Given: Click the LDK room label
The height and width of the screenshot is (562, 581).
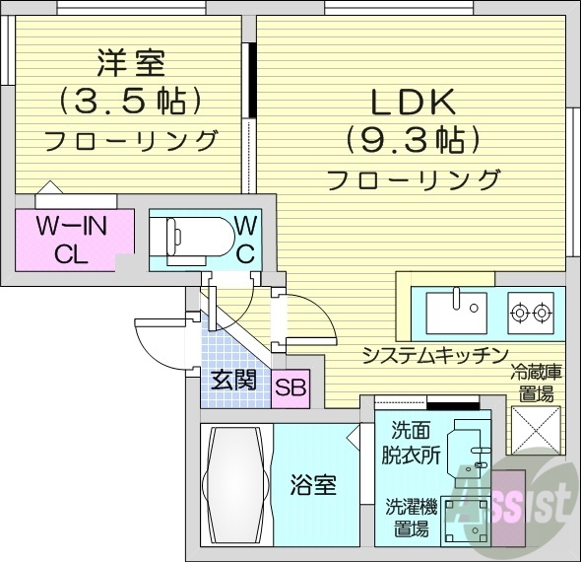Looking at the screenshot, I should click(412, 102).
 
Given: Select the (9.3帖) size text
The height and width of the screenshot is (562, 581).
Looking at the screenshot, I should click(412, 139).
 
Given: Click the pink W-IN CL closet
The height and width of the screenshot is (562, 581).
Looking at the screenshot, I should click(73, 240).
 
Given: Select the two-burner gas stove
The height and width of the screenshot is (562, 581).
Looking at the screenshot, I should click(530, 314).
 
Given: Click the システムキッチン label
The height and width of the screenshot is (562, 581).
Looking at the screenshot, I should click(435, 355).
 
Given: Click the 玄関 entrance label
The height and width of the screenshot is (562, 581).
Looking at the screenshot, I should click(234, 380).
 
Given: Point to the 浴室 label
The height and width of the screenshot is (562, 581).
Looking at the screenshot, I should click(314, 485).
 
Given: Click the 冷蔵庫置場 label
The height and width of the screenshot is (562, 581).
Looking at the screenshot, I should click(535, 384).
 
